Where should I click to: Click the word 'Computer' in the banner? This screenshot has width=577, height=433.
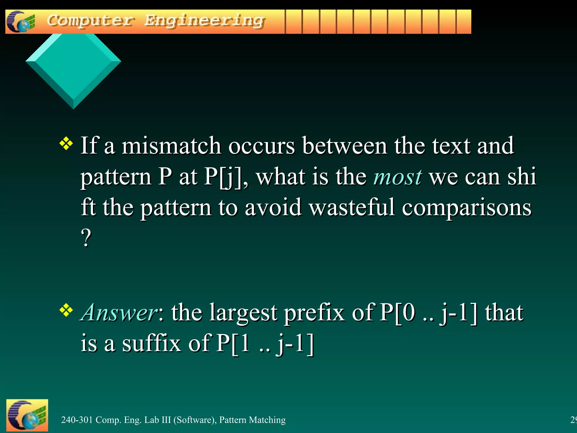pyautogui.click(x=90, y=21)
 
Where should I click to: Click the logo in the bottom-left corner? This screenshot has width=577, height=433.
pyautogui.click(x=27, y=416)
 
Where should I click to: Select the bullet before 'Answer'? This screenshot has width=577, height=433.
pyautogui.click(x=66, y=310)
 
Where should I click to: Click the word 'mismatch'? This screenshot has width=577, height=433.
pyautogui.click(x=171, y=146)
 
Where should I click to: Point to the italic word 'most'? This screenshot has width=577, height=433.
pyautogui.click(x=398, y=177)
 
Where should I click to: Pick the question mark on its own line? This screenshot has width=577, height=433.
pyautogui.click(x=86, y=238)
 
